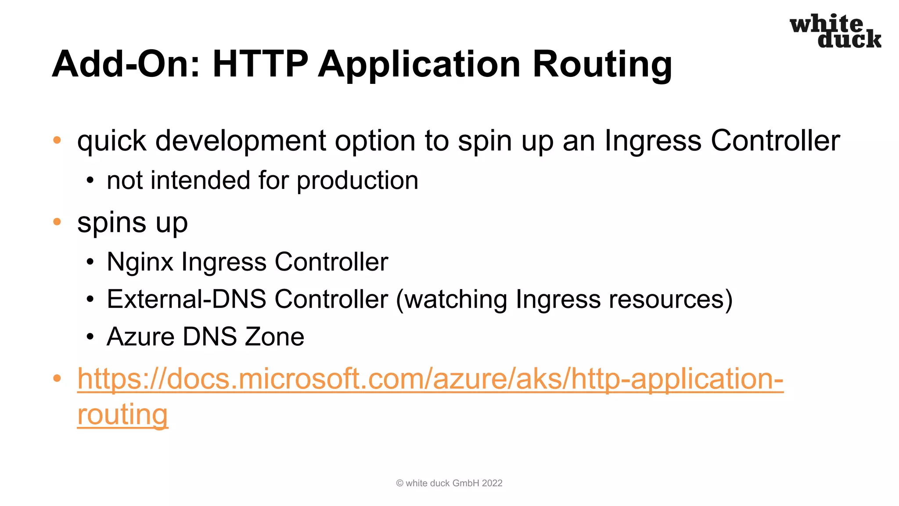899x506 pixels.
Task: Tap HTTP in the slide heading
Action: [260, 64]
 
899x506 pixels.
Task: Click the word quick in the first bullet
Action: [111, 141]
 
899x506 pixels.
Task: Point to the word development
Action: [241, 141]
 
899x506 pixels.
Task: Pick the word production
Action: [357, 181]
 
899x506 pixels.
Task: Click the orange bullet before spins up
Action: [57, 222]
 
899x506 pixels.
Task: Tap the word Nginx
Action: [140, 262]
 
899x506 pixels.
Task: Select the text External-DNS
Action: [187, 300]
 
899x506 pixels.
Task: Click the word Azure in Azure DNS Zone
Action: [140, 337]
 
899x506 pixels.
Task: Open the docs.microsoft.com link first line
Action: [430, 379]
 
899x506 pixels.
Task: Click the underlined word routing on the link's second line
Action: [122, 415]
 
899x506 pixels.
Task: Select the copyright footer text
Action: [449, 483]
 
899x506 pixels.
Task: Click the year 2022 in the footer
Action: [492, 483]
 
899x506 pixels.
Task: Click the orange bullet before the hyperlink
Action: [57, 378]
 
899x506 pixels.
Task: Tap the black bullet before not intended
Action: [90, 181]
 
